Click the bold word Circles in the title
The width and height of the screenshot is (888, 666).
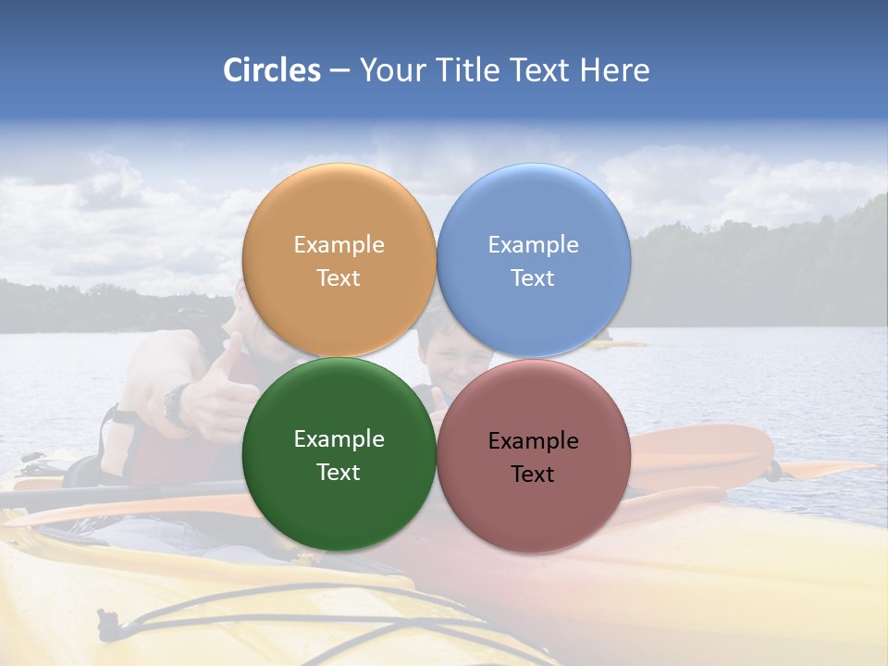[x=271, y=70]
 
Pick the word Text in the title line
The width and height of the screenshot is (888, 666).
[x=539, y=70]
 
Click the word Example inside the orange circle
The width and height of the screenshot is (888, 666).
[x=339, y=244]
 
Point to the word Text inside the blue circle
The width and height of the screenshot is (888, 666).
[x=533, y=277]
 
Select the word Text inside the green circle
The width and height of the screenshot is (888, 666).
[x=339, y=472]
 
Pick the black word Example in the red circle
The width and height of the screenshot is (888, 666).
[x=534, y=440]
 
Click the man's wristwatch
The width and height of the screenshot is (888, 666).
[x=176, y=405]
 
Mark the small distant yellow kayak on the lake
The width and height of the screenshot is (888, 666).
[x=615, y=344]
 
